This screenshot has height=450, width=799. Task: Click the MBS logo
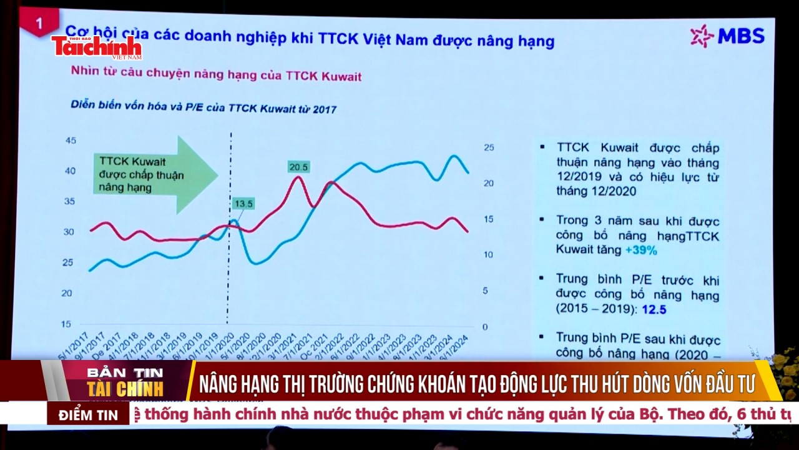click(727, 36)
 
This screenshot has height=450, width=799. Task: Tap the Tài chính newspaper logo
click(97, 47)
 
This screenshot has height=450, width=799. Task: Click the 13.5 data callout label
click(243, 204)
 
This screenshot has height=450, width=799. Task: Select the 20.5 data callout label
click(298, 167)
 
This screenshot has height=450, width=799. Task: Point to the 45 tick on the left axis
click(71, 140)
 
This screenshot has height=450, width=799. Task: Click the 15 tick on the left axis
click(66, 324)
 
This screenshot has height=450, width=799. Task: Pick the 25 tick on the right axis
click(489, 147)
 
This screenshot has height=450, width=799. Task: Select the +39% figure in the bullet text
click(641, 250)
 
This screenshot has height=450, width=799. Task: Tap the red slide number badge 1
click(39, 24)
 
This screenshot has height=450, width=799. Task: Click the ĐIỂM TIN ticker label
click(89, 415)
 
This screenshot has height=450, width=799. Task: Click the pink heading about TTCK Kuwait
click(216, 76)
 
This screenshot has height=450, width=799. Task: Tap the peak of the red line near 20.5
click(298, 177)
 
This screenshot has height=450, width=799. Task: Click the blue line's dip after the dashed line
click(256, 263)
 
